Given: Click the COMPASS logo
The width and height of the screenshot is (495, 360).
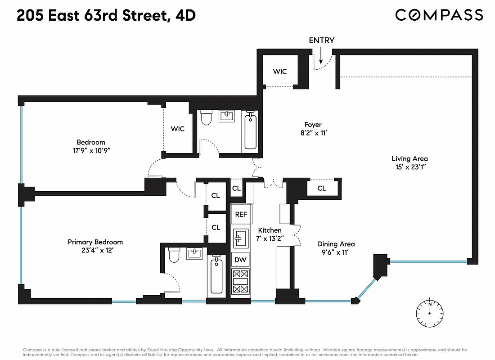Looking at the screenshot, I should (x=439, y=15).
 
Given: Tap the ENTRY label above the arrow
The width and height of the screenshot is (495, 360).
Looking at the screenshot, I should (x=321, y=40).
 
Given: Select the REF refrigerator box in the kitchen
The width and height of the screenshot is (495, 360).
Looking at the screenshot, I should (x=241, y=214).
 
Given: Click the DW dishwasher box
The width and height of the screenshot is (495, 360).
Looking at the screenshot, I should (x=240, y=260).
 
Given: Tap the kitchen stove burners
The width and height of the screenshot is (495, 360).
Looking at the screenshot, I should (x=240, y=281).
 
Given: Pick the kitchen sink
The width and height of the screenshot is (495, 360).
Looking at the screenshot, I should (x=240, y=237).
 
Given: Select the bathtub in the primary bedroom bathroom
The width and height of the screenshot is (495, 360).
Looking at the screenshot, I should (x=216, y=275).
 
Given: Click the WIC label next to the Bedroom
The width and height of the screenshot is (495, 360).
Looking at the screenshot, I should (x=177, y=129).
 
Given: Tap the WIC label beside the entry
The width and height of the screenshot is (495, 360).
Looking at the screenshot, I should (x=280, y=72).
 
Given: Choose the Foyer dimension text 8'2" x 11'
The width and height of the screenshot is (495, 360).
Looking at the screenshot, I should (x=313, y=133).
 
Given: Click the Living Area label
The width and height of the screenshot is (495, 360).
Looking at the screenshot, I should (x=409, y=158).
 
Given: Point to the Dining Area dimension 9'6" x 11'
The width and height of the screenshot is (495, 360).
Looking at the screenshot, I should (x=336, y=252).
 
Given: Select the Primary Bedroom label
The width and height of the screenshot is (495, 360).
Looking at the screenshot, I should (x=95, y=242).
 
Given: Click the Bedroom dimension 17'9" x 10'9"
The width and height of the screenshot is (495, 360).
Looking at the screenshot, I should (x=90, y=151).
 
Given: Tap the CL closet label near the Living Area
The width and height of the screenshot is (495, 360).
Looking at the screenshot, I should (x=321, y=188).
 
